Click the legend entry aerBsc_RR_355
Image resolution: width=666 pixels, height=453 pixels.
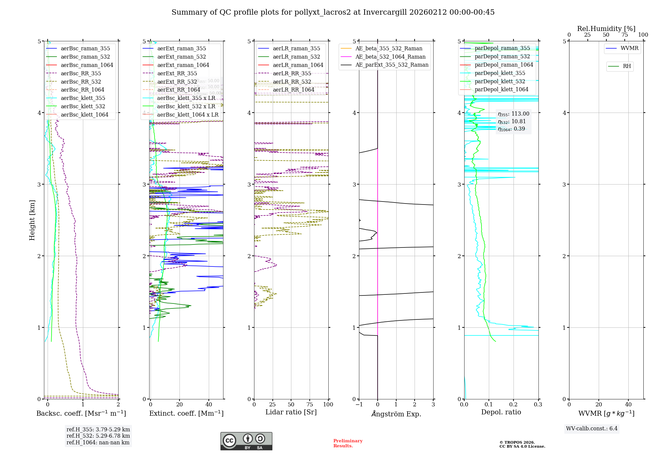81,73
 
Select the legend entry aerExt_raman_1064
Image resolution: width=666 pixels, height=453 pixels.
183,65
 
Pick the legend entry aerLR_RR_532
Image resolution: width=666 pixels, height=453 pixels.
292,82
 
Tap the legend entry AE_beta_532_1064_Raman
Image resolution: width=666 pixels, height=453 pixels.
390,57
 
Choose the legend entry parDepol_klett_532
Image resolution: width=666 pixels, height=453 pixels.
499,81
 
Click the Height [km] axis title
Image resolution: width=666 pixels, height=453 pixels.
32,220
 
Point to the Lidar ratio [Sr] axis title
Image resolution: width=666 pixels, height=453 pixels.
291,412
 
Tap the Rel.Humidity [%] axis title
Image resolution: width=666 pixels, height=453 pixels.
606,29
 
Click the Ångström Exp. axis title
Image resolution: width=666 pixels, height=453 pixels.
396,414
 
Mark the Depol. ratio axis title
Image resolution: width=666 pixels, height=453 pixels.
501,412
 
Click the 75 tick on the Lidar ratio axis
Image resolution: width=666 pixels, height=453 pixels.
310,404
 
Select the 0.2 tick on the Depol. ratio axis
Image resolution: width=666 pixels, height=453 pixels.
513,404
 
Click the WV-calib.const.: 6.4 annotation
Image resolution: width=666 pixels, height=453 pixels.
591,428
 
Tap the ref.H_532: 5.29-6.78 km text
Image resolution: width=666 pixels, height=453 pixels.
98,436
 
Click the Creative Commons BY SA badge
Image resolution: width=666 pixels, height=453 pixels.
246,441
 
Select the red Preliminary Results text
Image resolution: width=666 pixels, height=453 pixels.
348,443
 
